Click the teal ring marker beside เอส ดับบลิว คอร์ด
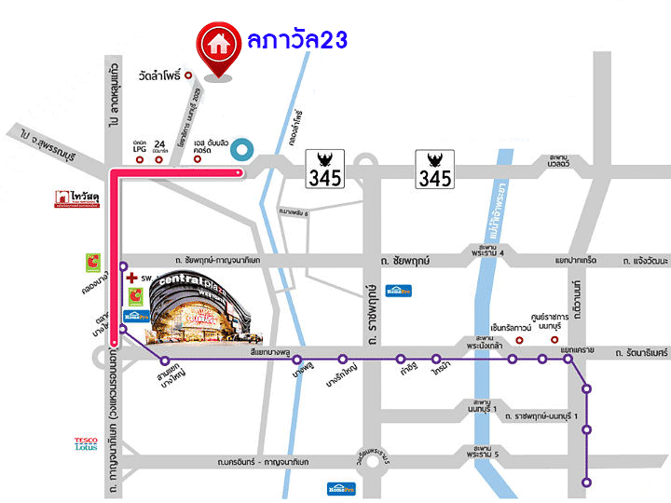tap(241, 149)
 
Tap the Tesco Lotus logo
tap(86, 444)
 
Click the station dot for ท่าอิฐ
tap(401, 359)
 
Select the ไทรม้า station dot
tap(435, 359)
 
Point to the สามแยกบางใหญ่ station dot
tap(165, 360)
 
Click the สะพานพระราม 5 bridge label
tap(487, 452)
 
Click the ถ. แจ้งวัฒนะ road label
tap(640, 259)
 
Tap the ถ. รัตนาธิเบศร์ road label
tap(642, 353)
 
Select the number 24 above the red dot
tap(158, 143)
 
